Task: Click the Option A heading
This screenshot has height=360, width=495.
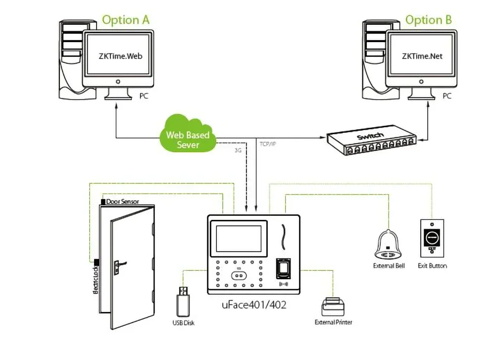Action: tap(125, 20)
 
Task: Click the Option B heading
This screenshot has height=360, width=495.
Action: tap(429, 20)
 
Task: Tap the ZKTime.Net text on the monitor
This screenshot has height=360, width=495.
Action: tap(422, 56)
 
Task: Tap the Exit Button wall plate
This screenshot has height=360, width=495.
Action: tap(432, 237)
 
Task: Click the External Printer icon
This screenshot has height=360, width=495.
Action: tap(333, 307)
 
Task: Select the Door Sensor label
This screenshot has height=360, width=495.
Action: tap(122, 202)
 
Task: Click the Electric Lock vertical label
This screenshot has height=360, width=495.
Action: tap(95, 280)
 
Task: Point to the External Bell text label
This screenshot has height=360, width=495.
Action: tap(389, 266)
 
